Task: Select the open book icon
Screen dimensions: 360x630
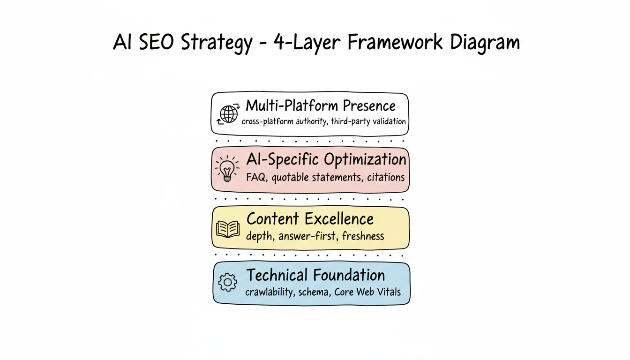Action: click(x=228, y=229)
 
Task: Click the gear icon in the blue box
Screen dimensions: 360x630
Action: click(x=228, y=282)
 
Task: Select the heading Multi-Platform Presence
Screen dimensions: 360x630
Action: click(x=321, y=105)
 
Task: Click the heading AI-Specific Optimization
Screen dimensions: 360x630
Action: click(x=326, y=160)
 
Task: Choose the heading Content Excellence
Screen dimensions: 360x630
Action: click(x=310, y=219)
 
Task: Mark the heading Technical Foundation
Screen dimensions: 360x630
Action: click(x=315, y=275)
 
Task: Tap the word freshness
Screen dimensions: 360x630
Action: click(x=363, y=236)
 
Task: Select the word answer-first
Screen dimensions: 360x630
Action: click(x=307, y=236)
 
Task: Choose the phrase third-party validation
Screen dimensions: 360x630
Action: click(x=368, y=121)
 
